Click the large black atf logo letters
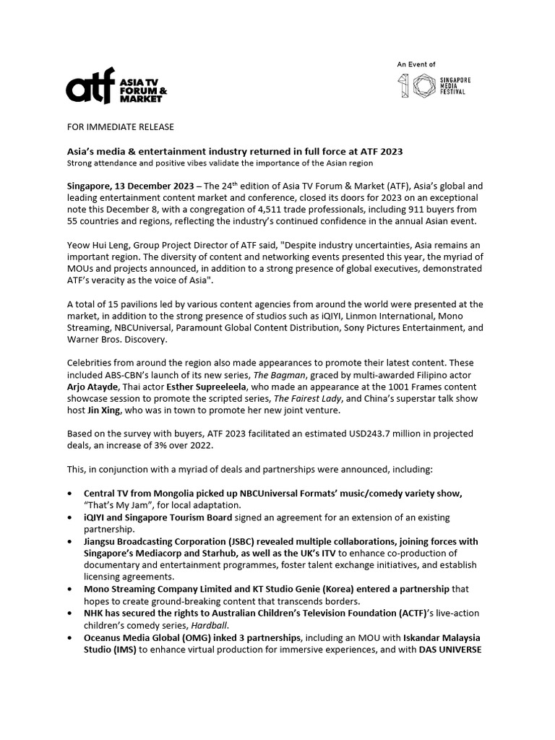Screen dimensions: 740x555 coord(90,90)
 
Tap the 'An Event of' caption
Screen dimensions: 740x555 coord(416,65)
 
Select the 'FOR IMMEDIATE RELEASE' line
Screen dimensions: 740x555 coord(120,127)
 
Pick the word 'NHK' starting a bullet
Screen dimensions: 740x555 coord(95,613)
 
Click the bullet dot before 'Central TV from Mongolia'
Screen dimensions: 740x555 coord(69,493)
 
